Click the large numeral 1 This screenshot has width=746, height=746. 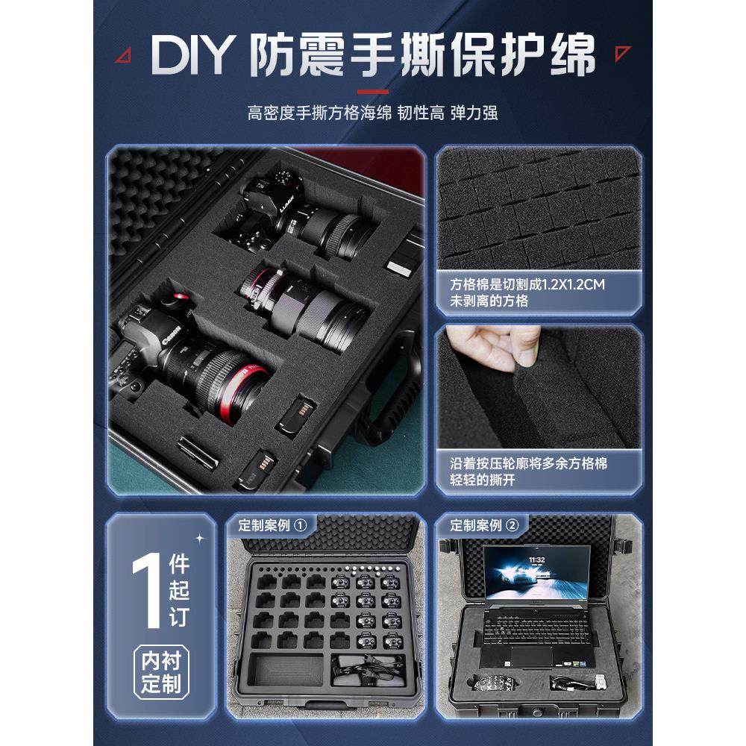tap(145, 589)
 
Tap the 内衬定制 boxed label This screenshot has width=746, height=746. tap(161, 672)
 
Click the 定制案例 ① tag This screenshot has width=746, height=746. tap(272, 524)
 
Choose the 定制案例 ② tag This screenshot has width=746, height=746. tap(483, 524)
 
